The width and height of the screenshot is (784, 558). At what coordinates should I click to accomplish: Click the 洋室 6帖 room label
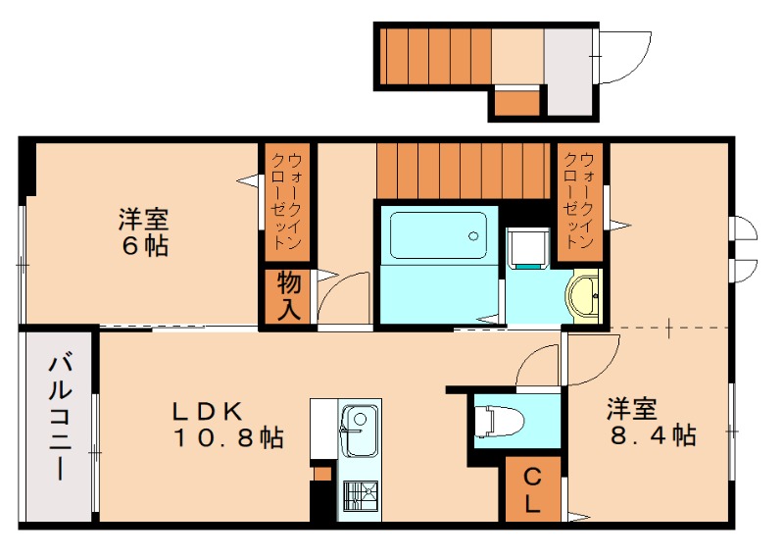(x=144, y=232)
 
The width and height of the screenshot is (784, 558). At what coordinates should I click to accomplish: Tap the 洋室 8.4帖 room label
(x=650, y=422)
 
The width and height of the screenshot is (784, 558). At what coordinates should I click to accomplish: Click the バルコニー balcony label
(x=59, y=418)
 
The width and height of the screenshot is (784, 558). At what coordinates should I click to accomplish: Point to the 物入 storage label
(x=288, y=296)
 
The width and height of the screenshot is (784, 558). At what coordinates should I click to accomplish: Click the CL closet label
(x=533, y=490)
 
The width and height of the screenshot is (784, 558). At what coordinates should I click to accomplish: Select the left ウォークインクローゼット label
(x=287, y=202)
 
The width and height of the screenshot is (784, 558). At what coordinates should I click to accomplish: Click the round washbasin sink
(x=586, y=295)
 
